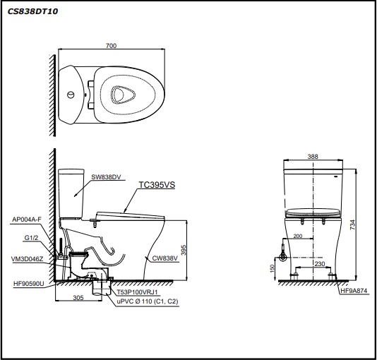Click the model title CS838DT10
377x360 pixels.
[32, 11]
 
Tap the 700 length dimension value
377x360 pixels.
[111, 45]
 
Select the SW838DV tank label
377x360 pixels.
[106, 177]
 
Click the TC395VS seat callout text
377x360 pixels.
[157, 184]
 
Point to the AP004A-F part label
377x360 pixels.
[27, 219]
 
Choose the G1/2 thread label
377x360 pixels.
[31, 238]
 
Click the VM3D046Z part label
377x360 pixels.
[27, 259]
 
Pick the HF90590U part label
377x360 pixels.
[29, 284]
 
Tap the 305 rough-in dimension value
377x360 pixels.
[78, 298]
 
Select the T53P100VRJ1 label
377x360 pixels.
[137, 292]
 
